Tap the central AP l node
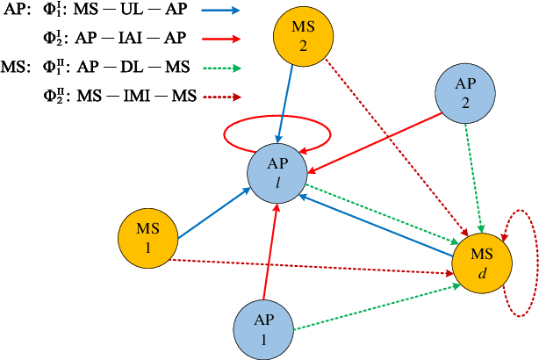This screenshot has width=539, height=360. point(277,174)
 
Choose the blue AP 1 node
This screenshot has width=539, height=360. point(262,328)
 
